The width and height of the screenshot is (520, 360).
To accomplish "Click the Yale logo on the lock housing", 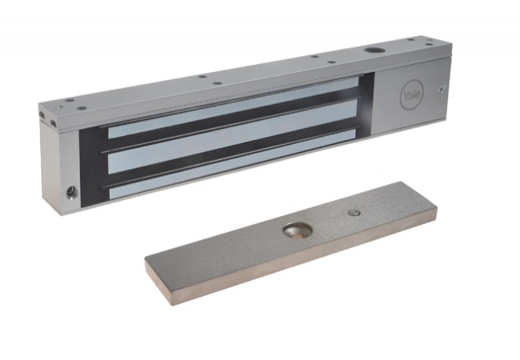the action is point(412,94).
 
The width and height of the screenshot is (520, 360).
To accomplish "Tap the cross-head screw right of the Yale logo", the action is point(442,89).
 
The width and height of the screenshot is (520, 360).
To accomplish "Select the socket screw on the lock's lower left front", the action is point(70,192).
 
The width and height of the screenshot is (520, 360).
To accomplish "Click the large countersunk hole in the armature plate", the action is point(298,230).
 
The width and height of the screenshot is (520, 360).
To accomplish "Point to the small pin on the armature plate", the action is point(354,213).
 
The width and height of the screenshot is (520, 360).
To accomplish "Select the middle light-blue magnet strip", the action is point(233,138).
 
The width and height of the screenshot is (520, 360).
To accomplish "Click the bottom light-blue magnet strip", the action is point(232,165).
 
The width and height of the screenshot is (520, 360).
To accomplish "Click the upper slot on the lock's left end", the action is point(42,114).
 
